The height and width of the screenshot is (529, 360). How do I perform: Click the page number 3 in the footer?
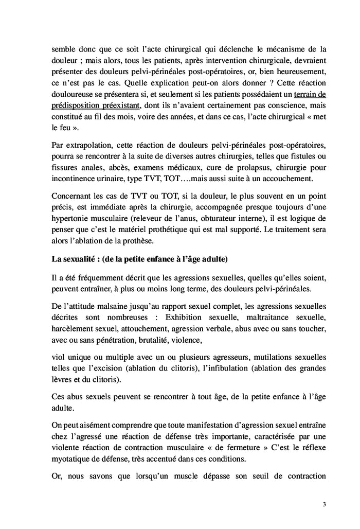[325, 504]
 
